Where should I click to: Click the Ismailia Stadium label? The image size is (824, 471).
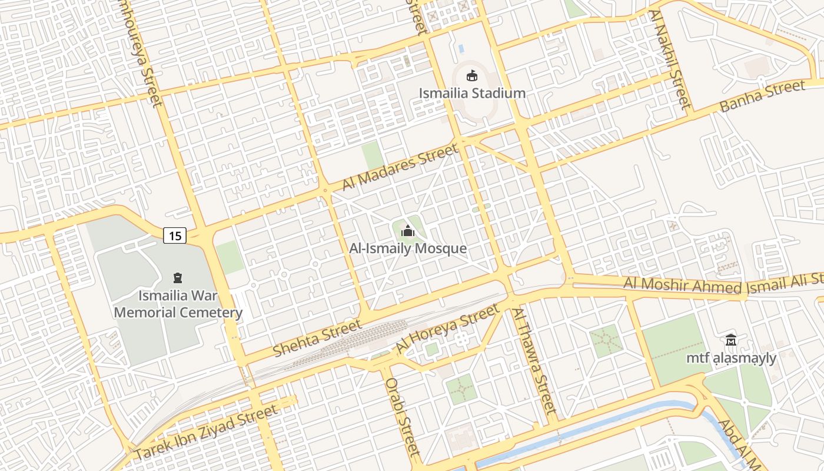pyautogui.click(x=472, y=93)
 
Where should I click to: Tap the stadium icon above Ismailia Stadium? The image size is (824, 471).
pyautogui.click(x=471, y=75)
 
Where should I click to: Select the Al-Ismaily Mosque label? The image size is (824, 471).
pyautogui.click(x=408, y=248)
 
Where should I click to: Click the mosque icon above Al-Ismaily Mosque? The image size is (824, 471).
pyautogui.click(x=407, y=231)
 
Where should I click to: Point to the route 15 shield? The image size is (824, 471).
pyautogui.click(x=175, y=236)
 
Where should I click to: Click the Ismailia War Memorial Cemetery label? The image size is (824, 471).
pyautogui.click(x=178, y=304)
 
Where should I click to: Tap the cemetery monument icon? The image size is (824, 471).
pyautogui.click(x=177, y=277)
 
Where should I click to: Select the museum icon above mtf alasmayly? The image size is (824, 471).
pyautogui.click(x=731, y=340)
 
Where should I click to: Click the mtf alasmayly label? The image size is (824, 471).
pyautogui.click(x=731, y=358)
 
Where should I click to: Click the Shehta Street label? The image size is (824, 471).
pyautogui.click(x=317, y=339)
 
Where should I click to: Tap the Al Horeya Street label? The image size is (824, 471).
pyautogui.click(x=447, y=329)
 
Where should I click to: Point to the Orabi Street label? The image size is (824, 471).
pyautogui.click(x=403, y=416)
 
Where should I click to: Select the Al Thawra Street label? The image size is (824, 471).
pyautogui.click(x=534, y=360)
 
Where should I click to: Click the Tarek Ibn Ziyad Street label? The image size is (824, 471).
pyautogui.click(x=206, y=433)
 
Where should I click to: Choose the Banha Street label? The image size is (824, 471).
pyautogui.click(x=762, y=97)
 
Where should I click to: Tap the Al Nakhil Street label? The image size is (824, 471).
pyautogui.click(x=669, y=59)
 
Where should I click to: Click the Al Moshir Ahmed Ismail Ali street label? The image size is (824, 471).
pyautogui.click(x=724, y=284)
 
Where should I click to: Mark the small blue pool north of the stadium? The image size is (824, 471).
pyautogui.click(x=461, y=48)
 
